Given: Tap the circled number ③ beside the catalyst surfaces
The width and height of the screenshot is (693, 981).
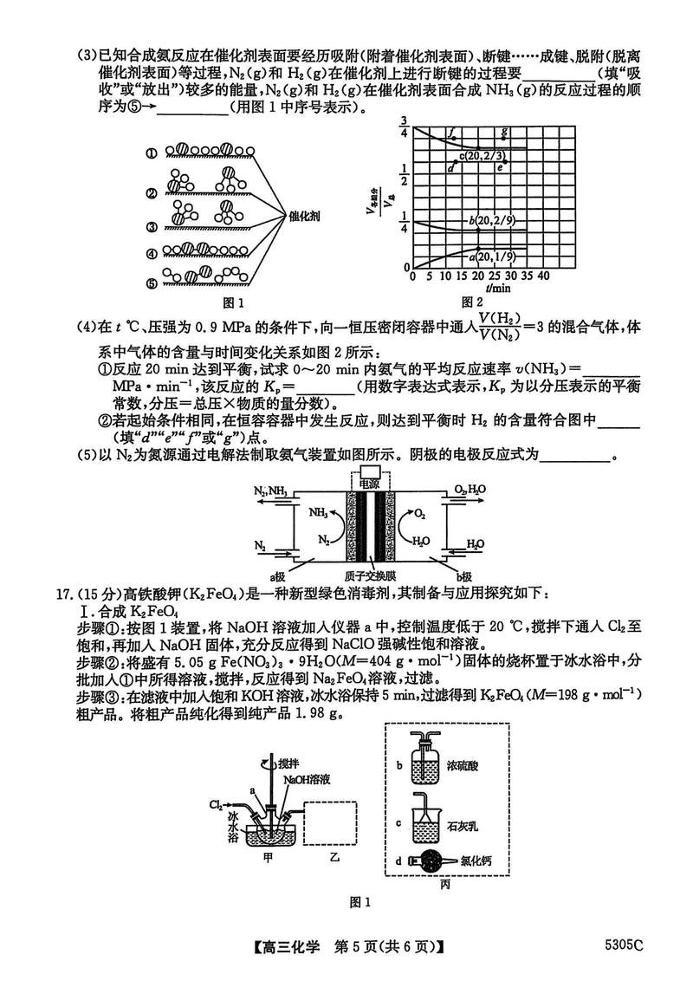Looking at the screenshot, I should point(152,227).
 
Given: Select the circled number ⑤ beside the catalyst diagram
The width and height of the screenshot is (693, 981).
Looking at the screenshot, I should point(152,283).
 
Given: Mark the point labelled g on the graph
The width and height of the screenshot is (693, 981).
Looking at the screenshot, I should point(504,130).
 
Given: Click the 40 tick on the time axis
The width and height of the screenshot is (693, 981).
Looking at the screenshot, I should point(544,276).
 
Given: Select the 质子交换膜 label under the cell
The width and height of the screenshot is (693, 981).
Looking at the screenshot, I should point(371,575).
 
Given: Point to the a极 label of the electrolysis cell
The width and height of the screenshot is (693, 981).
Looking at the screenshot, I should point(279,575).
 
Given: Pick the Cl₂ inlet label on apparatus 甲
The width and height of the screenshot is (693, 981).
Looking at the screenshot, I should point(216,805).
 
